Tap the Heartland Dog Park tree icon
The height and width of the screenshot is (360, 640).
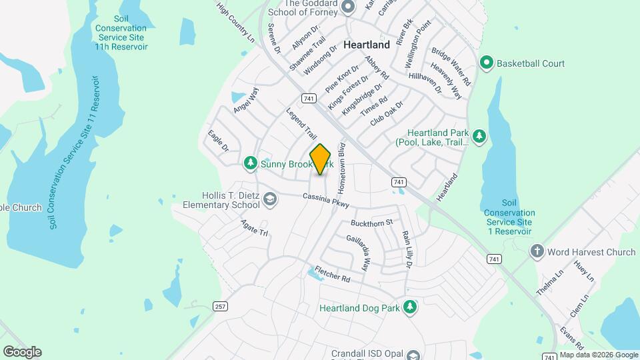[x=411, y=307]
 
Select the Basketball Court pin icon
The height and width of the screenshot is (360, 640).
[x=487, y=63]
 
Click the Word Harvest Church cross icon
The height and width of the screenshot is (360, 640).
[x=537, y=251]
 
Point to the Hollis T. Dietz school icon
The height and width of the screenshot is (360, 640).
[x=269, y=199]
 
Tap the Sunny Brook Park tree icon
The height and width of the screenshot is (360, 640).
[x=250, y=163]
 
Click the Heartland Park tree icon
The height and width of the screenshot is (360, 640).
[x=479, y=137]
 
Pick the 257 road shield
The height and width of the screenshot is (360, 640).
[x=219, y=306]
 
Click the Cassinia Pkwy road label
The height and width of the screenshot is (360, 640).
[x=325, y=199]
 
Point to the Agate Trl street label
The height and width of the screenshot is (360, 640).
[x=254, y=229]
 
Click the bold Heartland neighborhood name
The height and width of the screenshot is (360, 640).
[x=367, y=45]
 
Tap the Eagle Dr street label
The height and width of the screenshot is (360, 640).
[x=218, y=141]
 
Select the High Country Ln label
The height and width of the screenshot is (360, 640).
[x=237, y=23]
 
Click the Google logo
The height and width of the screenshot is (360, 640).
[x=22, y=351]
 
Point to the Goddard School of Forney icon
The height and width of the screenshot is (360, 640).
[x=347, y=7]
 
